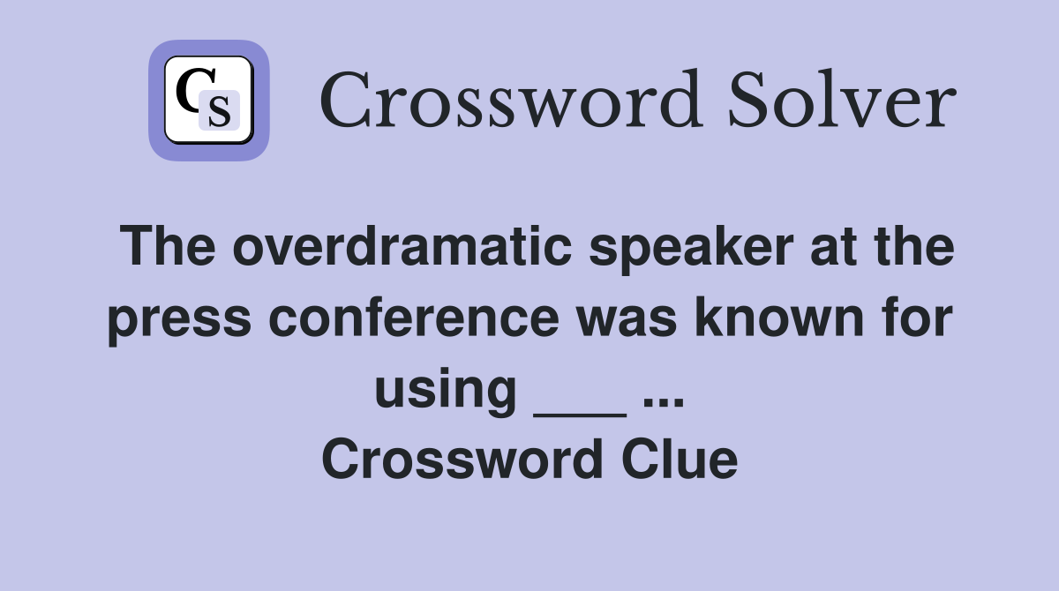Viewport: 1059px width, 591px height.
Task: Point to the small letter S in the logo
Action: point(219,111)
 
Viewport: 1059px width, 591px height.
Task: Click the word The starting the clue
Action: point(168,248)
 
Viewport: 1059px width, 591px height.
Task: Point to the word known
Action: point(795,318)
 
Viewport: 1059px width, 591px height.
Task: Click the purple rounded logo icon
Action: point(208,101)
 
